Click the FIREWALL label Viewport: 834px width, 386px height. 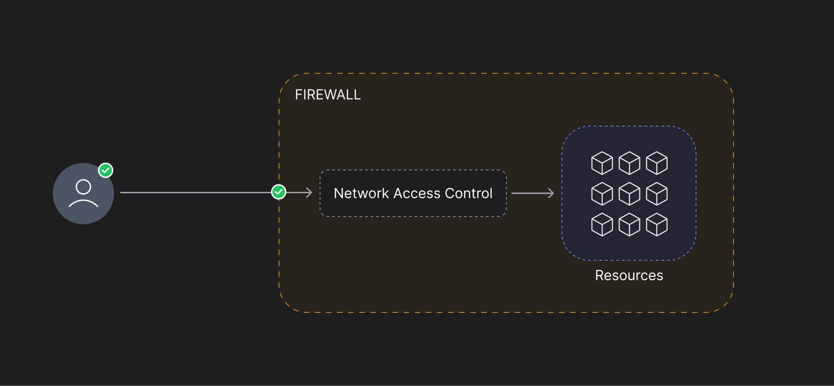328,95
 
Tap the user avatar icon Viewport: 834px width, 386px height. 83,193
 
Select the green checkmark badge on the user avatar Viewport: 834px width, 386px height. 106,171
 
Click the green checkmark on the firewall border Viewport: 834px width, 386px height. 278,192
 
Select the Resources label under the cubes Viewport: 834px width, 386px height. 629,275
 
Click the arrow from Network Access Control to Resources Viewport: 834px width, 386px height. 533,193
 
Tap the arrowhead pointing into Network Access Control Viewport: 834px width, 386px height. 309,192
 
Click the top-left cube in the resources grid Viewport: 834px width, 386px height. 602,163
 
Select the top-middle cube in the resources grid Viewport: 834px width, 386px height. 629,163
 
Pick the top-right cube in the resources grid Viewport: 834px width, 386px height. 657,163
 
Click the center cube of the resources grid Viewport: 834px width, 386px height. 629,194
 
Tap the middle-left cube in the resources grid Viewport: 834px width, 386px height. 602,194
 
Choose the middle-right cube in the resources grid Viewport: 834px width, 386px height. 657,194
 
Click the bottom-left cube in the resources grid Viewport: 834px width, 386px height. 602,224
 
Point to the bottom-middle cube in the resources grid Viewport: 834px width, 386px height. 629,224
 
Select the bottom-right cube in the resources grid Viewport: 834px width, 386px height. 657,224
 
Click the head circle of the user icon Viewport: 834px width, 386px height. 83,180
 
